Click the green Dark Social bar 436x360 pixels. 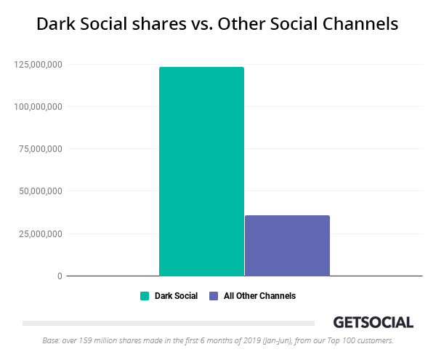coord(201,172)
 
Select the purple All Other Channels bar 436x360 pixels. coord(287,246)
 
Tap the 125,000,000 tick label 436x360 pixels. coord(38,65)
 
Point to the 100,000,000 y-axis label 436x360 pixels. coord(38,107)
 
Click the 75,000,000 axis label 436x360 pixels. coord(40,149)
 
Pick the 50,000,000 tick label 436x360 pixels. coord(40,191)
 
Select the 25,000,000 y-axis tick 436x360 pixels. coord(40,233)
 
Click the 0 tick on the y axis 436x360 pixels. coord(60,276)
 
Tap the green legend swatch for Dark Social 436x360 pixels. coord(145,296)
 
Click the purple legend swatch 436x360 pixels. coord(214,296)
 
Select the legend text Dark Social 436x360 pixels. coord(176,296)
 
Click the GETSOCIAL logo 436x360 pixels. coord(373,322)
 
